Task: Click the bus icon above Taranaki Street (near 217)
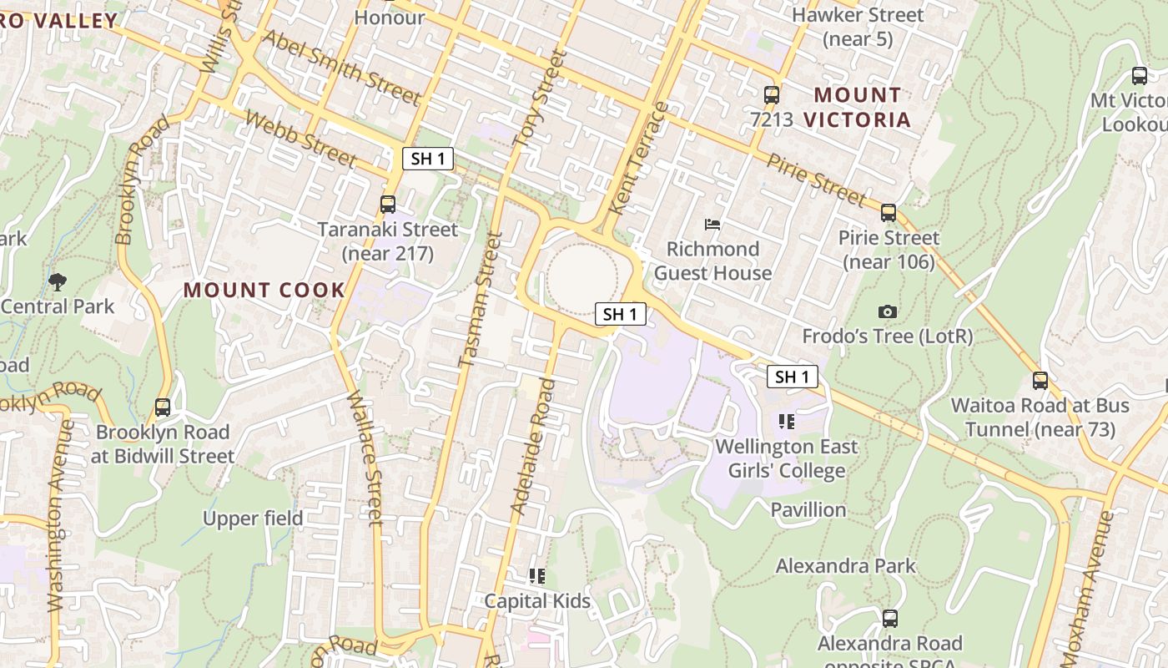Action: pos(387,205)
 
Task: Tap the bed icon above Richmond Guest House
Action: pos(712,224)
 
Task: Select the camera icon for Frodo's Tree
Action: pos(888,311)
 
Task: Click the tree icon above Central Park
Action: pos(58,281)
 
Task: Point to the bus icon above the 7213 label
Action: pos(772,95)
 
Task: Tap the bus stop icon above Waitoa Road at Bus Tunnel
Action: pos(1040,381)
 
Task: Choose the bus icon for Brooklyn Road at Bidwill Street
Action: pos(163,407)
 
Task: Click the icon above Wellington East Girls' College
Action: pos(786,422)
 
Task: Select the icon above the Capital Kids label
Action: pos(537,576)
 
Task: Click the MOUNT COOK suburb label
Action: pos(264,291)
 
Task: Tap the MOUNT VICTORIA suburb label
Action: pos(858,107)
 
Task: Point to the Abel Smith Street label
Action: pos(342,68)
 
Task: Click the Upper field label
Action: pos(253,519)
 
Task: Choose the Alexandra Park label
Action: pos(845,566)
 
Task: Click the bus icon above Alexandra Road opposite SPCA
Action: pos(890,619)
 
